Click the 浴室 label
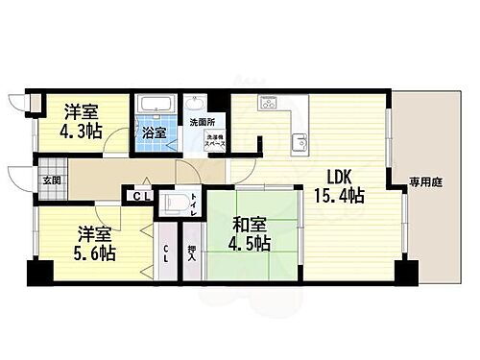(x=154, y=132)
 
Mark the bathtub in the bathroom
(x=153, y=107)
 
